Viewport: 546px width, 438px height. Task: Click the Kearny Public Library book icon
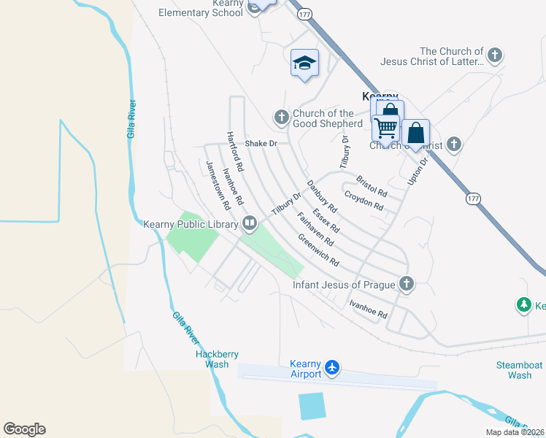pos(250,223)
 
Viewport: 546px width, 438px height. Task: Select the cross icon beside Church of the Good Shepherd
pos(281,117)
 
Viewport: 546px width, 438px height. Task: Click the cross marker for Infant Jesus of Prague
pos(407,284)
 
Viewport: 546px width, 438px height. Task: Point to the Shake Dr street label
pos(261,143)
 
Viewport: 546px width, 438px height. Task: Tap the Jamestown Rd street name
pos(216,182)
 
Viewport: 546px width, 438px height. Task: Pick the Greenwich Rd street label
pos(319,250)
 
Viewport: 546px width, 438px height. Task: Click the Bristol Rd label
pos(372,185)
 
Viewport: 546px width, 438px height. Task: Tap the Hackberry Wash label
pos(217,359)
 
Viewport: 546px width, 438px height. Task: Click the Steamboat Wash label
pos(519,369)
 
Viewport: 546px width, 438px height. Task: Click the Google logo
pos(24,429)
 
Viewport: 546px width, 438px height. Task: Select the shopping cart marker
pos(385,128)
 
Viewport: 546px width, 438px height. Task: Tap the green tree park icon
pos(523,305)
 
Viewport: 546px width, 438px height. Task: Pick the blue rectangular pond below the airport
pos(312,406)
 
